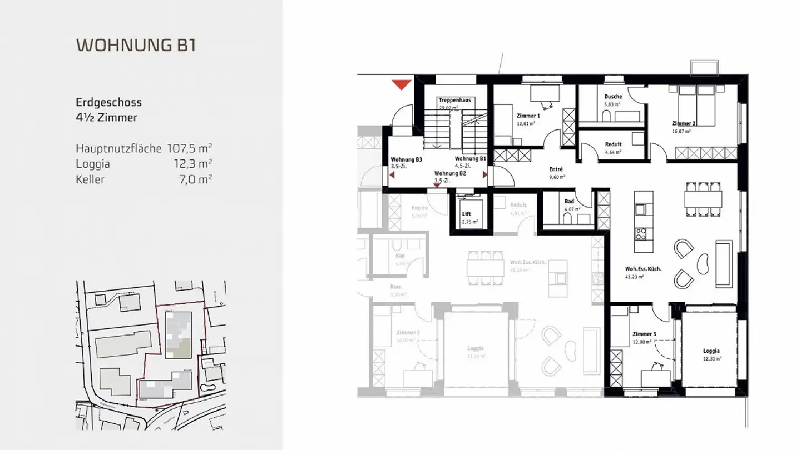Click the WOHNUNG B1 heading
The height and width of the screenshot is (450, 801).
coord(136,45)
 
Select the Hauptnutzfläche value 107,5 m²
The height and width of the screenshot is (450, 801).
coord(190,148)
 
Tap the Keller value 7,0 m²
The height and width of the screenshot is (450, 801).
coord(198,179)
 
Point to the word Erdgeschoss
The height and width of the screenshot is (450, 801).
coord(108,102)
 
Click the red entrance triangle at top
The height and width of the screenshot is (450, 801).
coord(400,84)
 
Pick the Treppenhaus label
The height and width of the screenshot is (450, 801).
coord(454,100)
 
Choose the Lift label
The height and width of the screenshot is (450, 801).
coord(466,214)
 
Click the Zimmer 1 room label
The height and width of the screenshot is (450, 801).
coord(528,116)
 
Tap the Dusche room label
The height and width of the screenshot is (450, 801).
coord(613,97)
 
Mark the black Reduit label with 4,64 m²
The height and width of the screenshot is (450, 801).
coord(613,144)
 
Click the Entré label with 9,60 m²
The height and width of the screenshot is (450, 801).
coord(556,169)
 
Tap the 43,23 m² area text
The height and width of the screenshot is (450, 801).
coord(635,277)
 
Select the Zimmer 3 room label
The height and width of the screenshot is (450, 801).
coord(644,334)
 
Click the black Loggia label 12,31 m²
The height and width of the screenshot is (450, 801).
coord(711,351)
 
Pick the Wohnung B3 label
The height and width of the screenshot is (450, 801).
coord(406,159)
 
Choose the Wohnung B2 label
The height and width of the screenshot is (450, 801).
coord(450,173)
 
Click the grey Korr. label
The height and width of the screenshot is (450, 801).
coord(396,287)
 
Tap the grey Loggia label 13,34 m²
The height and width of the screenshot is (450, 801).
coord(475,348)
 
